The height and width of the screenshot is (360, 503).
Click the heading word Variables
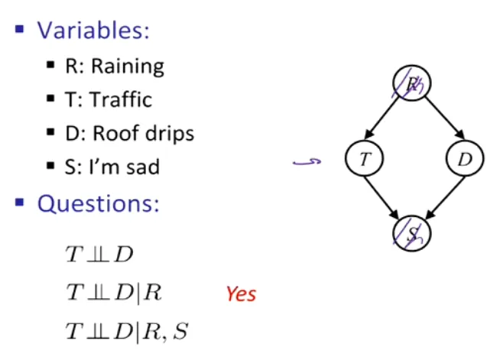[x=93, y=31]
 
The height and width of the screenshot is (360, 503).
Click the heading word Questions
[x=98, y=204]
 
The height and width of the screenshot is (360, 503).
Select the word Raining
[x=128, y=66]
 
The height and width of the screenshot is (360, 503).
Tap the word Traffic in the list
[x=121, y=99]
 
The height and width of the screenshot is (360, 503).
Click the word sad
[x=143, y=167]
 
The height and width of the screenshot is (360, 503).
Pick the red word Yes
[x=242, y=294]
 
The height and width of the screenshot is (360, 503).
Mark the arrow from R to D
[x=445, y=118]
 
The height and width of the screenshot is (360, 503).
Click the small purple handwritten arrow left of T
[x=307, y=162]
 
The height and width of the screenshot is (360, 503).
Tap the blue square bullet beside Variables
[x=20, y=29]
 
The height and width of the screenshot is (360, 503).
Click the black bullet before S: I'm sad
[x=50, y=166]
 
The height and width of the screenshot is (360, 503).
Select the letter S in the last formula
[x=180, y=331]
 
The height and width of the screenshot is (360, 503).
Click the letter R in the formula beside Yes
[x=152, y=292]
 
